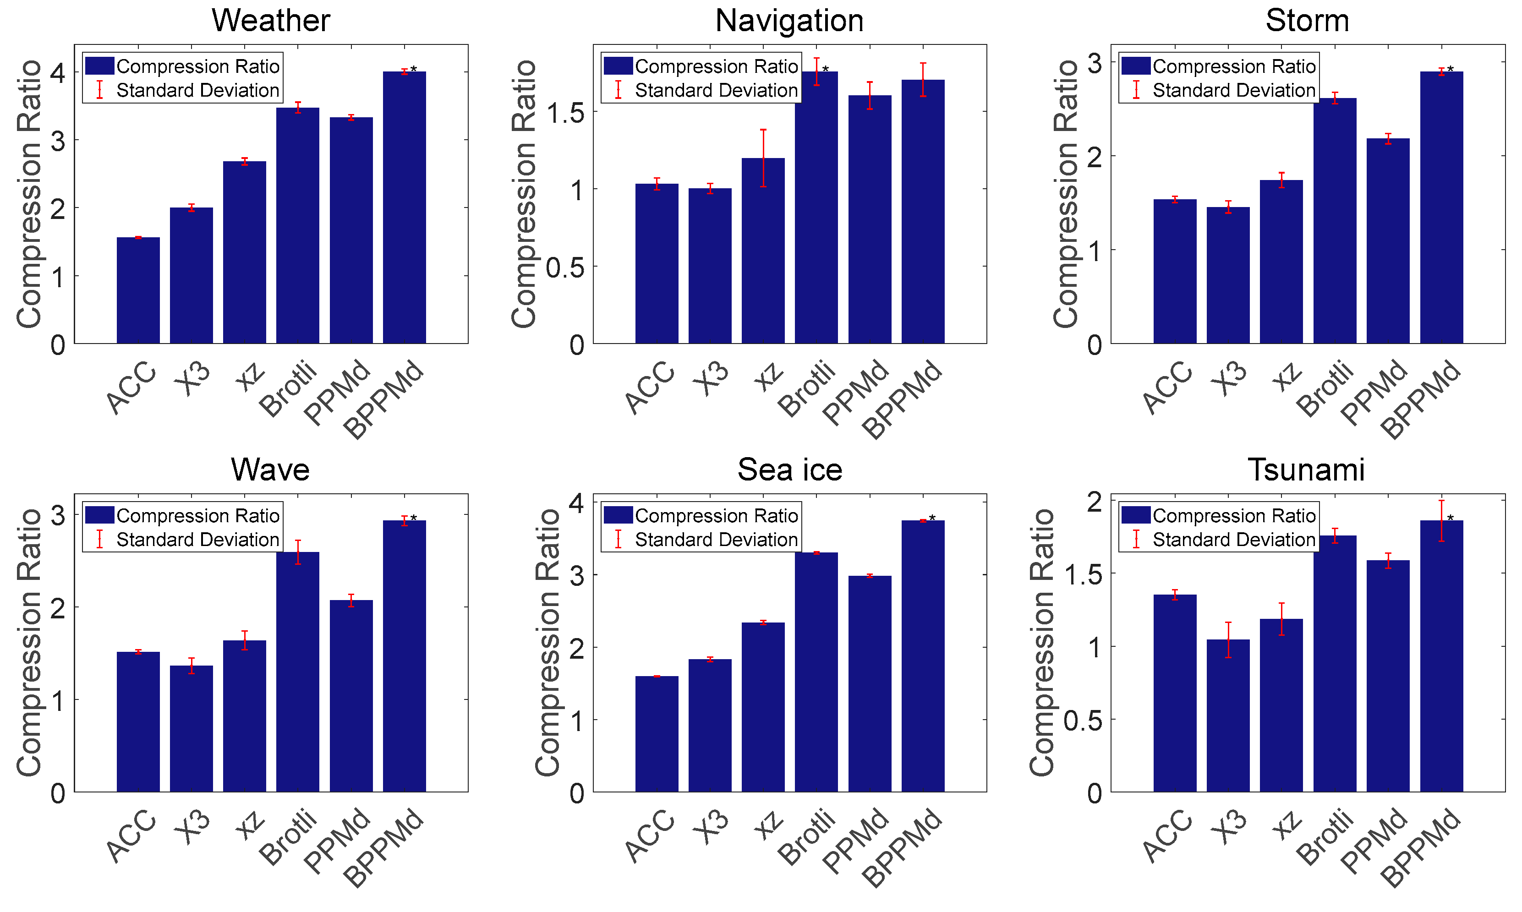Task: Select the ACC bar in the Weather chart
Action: click(138, 290)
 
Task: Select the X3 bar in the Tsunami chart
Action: click(1227, 715)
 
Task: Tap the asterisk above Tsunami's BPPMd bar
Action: click(1450, 519)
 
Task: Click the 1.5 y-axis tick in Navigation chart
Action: click(565, 113)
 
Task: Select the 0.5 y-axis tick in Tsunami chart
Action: click(1083, 720)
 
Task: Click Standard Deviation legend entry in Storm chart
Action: click(1233, 90)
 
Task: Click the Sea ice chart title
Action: click(789, 470)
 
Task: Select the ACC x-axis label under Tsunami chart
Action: click(1167, 836)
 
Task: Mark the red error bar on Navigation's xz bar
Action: click(763, 158)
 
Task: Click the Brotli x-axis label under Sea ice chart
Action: click(806, 837)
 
